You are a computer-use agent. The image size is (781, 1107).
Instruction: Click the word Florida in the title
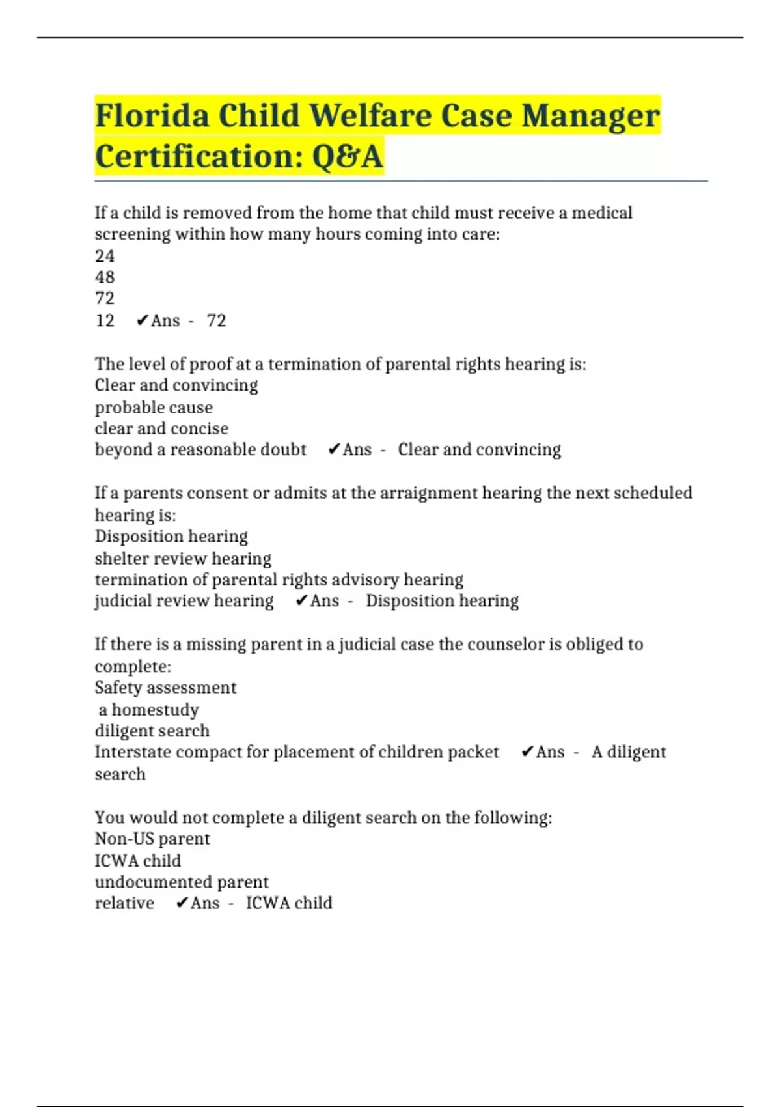[x=152, y=116]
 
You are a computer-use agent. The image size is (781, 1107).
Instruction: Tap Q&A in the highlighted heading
[x=348, y=157]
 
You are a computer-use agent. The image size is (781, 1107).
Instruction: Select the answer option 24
[x=105, y=256]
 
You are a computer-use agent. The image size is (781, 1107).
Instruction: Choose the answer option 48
[x=105, y=277]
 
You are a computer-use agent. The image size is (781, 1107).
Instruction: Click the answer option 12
[x=105, y=320]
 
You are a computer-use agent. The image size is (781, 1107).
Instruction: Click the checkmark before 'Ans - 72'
[x=143, y=320]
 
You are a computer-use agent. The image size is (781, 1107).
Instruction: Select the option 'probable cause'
[x=154, y=408]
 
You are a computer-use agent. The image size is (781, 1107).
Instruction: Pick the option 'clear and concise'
[x=161, y=428]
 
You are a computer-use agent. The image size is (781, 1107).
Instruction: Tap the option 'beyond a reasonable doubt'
[x=200, y=450]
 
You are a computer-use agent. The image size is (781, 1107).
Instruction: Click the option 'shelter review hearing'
[x=183, y=559]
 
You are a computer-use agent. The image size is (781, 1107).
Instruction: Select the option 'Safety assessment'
[x=165, y=688]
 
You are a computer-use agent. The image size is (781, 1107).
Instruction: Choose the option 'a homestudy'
[x=149, y=710]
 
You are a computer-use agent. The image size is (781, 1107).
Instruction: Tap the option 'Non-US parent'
[x=152, y=839]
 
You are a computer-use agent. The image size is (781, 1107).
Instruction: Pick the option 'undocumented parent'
[x=182, y=882]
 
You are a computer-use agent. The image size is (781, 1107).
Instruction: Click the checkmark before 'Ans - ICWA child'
[x=182, y=903]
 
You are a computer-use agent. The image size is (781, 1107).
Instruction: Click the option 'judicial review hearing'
[x=184, y=601]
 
